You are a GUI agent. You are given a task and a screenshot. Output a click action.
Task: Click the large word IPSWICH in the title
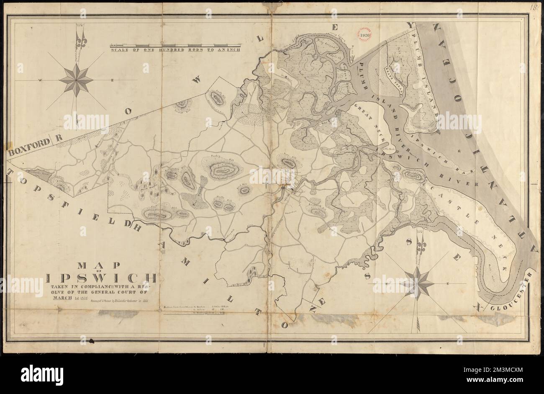103,278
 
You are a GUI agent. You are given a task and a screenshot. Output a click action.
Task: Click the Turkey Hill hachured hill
225,169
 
